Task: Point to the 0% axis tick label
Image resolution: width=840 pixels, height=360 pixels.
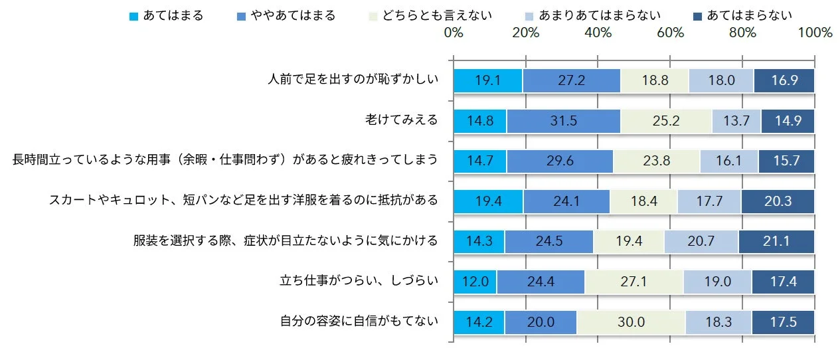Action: point(454,33)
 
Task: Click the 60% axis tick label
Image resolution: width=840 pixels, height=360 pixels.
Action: point(670,33)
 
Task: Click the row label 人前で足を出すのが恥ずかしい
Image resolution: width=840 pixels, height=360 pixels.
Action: point(353,80)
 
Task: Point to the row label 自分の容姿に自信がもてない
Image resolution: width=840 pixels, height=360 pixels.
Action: point(359,321)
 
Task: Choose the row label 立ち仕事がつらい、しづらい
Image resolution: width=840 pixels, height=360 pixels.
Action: point(359,281)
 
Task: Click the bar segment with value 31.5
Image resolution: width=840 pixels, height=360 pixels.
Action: point(563,121)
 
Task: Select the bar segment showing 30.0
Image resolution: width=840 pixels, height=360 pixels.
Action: point(631,322)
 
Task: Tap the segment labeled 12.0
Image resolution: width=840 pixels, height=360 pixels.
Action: point(475,282)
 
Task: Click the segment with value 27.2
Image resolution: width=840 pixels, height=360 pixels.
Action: point(571,80)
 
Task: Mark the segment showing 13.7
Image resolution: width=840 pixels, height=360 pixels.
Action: point(736,121)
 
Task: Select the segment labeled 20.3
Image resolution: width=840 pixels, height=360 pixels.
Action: point(778,201)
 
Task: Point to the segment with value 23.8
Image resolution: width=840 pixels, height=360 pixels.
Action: point(656,161)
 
